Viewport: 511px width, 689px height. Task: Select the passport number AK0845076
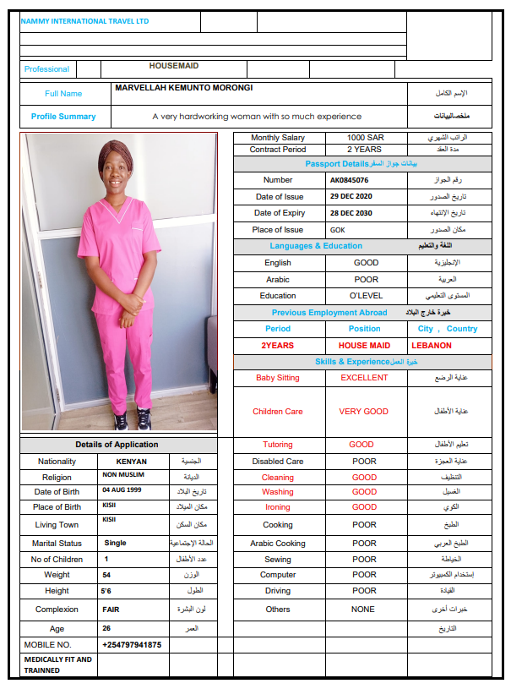point(349,180)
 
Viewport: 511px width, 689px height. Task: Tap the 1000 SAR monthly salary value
point(364,138)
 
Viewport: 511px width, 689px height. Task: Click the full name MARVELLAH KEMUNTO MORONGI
point(183,88)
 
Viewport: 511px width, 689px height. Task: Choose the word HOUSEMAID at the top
point(174,66)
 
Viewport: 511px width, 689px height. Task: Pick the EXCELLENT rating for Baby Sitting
point(364,378)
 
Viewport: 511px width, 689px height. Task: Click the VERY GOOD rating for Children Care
point(363,412)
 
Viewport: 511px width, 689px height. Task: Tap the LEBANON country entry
point(431,346)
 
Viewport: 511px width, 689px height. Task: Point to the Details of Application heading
point(117,445)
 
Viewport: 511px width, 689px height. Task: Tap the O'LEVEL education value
point(366,296)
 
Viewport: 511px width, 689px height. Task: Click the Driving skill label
point(277,591)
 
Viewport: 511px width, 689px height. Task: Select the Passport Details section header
point(362,163)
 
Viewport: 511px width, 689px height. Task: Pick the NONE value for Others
point(363,609)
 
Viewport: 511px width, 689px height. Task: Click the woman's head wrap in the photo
point(114,152)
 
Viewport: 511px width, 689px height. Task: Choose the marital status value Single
point(115,543)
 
